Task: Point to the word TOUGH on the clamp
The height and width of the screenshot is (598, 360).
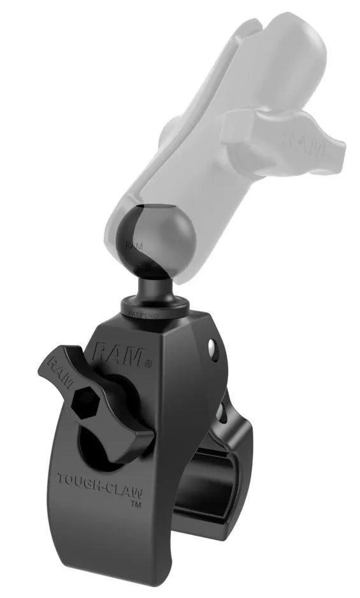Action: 76,479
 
